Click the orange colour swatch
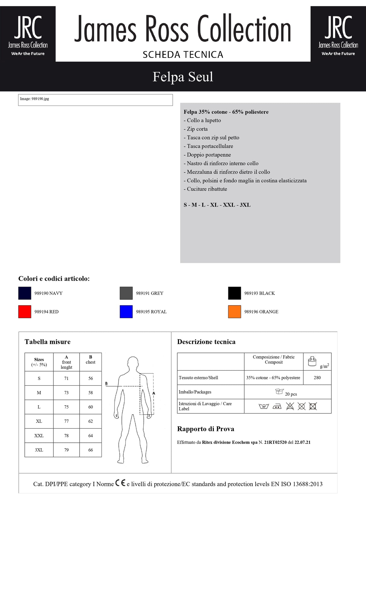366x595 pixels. [234, 312]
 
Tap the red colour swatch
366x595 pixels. [25, 312]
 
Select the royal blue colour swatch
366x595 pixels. [126, 312]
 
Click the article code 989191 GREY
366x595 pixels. [150, 293]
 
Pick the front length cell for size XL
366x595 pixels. [66, 421]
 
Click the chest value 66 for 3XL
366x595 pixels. [90, 450]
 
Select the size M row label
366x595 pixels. [39, 393]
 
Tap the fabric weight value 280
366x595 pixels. [317, 378]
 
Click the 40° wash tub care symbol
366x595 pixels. [263, 407]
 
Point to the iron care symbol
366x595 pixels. [277, 407]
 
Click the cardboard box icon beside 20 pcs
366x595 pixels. [279, 391]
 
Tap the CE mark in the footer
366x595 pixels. [120, 483]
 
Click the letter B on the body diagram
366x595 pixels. [106, 383]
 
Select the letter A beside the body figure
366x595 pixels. [154, 393]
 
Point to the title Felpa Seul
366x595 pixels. [183, 77]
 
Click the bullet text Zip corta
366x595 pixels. [197, 129]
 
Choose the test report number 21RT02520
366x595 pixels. [275, 442]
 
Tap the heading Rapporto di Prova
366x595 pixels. [206, 429]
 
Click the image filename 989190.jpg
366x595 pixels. [40, 99]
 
